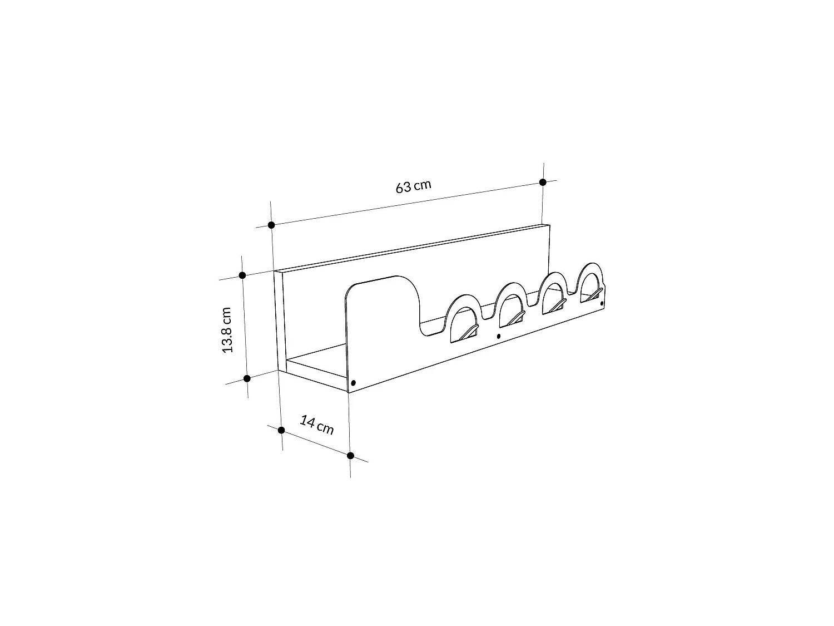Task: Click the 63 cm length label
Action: click(413, 186)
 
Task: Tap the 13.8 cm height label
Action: click(227, 330)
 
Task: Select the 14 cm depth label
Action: click(317, 425)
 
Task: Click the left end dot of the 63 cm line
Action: click(271, 225)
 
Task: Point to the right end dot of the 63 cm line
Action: click(543, 183)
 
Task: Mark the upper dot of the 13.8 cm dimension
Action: click(242, 275)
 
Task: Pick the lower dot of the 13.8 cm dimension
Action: click(247, 378)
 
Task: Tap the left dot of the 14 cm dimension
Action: click(281, 430)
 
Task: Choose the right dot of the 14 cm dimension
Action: click(351, 456)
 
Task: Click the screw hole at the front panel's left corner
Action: click(354, 383)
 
